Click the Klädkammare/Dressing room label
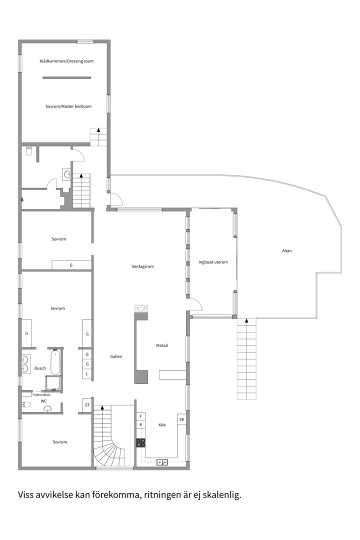coord(66,61)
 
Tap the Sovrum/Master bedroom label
coord(68,106)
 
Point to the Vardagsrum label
coord(142,266)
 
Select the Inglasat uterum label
coord(213,262)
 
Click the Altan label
coord(286,250)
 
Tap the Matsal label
coord(162,345)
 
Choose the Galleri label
coord(116,357)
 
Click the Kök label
coord(162,425)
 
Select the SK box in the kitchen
coord(181,419)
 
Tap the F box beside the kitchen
coord(140,416)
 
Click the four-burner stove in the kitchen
coord(140,442)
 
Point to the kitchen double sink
coord(162,462)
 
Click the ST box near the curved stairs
coord(87,405)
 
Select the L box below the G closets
coord(87,373)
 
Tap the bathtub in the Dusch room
coord(55,362)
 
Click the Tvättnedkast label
coord(41,395)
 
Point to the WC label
coord(43,401)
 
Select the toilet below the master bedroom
coord(29,151)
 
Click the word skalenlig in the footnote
coord(222,495)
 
